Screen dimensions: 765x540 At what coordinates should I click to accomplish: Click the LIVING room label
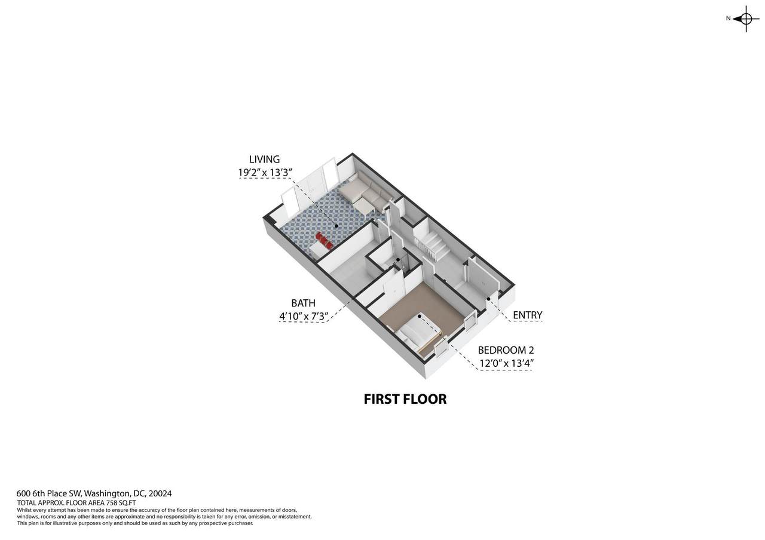coord(264,159)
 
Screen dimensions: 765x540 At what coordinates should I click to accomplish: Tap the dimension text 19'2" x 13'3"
coord(265,173)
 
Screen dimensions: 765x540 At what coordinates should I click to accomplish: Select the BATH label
coord(303,303)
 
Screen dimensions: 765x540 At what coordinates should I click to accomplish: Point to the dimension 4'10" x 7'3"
coord(304,317)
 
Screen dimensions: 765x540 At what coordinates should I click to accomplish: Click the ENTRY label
coord(528,315)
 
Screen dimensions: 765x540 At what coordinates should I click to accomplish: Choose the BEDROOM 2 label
coord(506,350)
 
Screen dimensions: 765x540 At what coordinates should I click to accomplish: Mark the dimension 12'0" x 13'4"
coord(506,364)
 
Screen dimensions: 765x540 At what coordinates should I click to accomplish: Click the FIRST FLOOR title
coord(405,400)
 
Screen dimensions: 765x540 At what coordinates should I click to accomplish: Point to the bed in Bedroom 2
coord(419,332)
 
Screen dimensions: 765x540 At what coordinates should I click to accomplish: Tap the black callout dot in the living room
coord(336,226)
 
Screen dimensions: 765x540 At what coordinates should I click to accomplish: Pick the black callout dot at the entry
coord(489,299)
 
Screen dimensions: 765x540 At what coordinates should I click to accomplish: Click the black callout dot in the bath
coord(398,260)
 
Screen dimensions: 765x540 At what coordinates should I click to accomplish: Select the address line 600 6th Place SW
coord(50,493)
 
